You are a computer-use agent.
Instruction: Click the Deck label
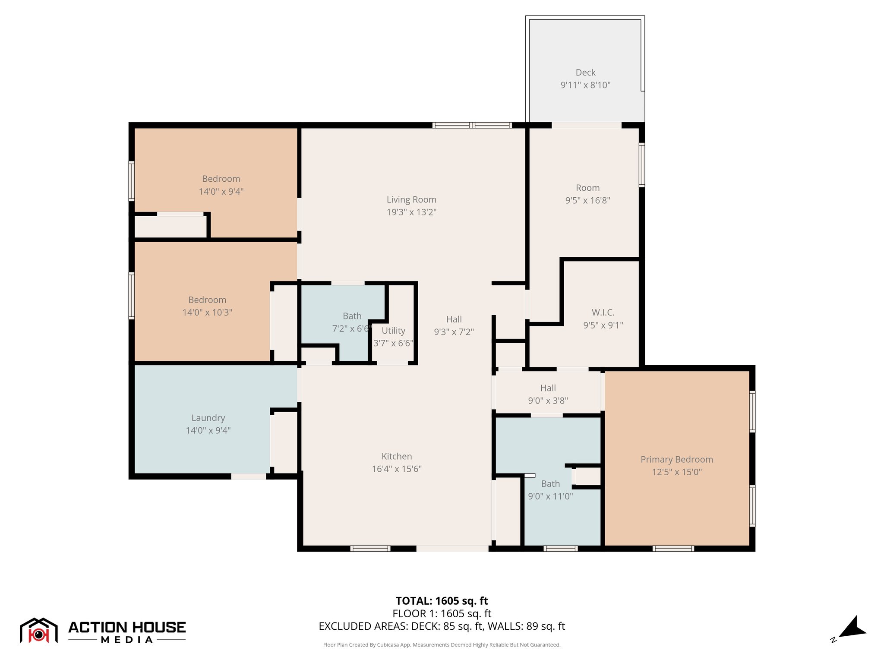click(585, 73)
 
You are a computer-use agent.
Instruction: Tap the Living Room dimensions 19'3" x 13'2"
click(411, 212)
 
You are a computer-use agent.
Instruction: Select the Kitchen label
click(397, 456)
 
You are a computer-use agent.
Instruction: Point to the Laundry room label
click(208, 418)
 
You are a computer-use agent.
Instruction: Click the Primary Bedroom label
click(676, 459)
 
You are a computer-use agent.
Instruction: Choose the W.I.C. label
click(603, 312)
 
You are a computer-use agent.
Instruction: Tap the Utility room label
click(393, 331)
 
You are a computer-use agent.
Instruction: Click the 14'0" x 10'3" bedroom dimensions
click(207, 312)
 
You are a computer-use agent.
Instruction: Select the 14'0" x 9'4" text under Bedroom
click(221, 191)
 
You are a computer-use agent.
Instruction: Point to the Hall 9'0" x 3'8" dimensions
click(548, 401)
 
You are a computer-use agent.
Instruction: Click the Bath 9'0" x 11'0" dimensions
click(550, 496)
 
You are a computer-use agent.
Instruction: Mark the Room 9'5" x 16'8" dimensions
click(587, 200)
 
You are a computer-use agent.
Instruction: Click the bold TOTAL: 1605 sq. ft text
click(442, 601)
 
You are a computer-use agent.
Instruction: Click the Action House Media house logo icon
click(39, 630)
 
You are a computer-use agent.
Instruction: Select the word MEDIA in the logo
click(127, 640)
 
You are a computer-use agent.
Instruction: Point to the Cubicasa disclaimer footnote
click(442, 645)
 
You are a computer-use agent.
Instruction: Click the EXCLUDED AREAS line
click(442, 626)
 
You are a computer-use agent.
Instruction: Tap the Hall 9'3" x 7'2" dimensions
click(454, 331)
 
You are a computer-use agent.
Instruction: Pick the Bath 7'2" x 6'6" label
click(352, 316)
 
